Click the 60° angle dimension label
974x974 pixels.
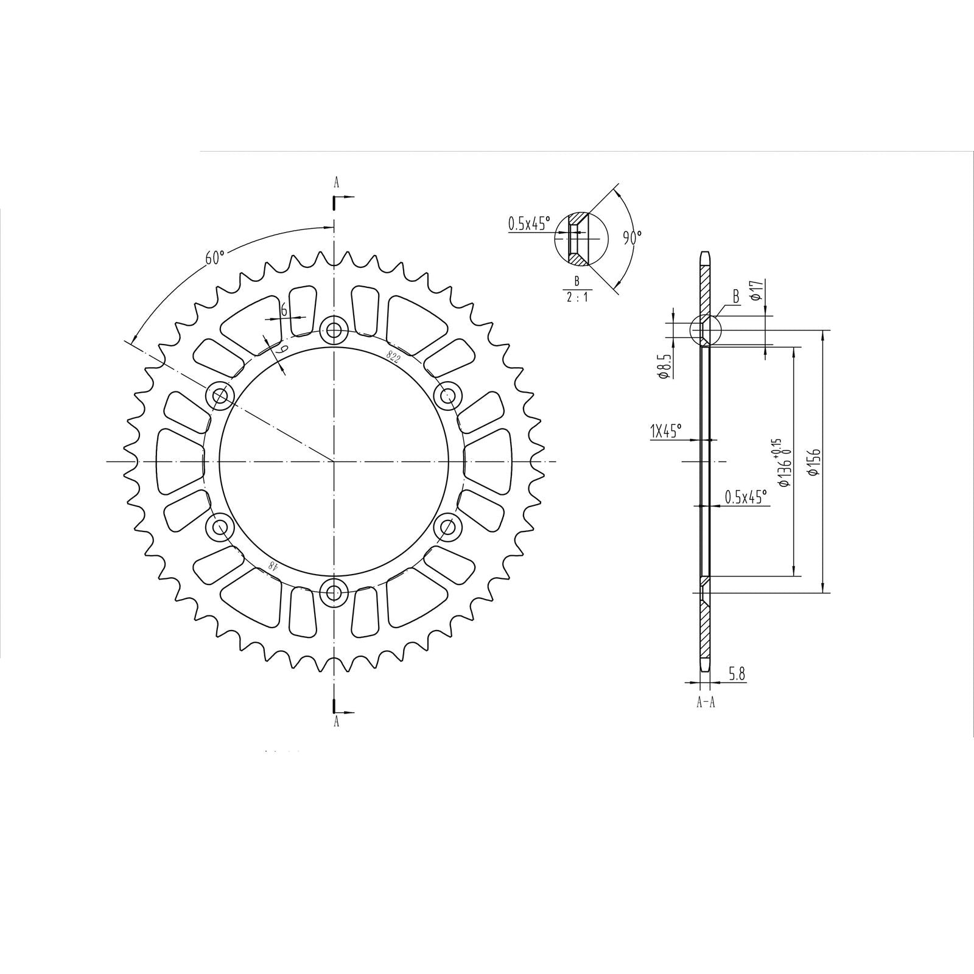[x=214, y=258]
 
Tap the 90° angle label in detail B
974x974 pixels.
[x=632, y=237]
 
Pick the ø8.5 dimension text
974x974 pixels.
[x=665, y=366]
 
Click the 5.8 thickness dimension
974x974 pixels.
[x=737, y=674]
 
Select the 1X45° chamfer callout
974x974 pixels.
[x=665, y=432]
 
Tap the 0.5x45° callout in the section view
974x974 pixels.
[x=745, y=497]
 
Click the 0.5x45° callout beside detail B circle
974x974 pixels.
[x=528, y=223]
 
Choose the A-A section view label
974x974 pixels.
[x=706, y=702]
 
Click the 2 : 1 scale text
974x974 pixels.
[x=576, y=297]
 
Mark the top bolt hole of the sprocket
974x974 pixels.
[x=334, y=331]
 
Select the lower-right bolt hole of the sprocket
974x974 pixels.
[x=449, y=526]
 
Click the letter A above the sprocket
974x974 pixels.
[x=335, y=181]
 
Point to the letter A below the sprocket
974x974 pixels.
[x=335, y=722]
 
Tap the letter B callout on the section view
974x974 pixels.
[x=735, y=297]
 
